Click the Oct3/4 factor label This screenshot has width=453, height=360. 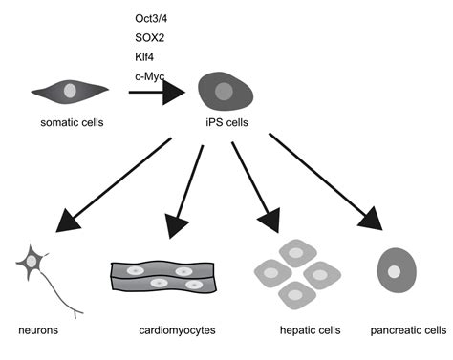[151, 19]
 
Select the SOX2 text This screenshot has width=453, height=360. [150, 38]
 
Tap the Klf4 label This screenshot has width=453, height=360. [144, 57]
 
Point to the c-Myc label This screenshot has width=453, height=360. [150, 76]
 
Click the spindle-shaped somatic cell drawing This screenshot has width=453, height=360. [70, 92]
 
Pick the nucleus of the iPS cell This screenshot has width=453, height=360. [224, 92]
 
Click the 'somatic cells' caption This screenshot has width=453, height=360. [72, 122]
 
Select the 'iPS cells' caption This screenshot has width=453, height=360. [226, 122]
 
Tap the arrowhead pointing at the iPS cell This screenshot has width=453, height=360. [174, 93]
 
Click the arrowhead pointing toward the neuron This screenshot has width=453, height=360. [67, 222]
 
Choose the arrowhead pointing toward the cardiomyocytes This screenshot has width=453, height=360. [176, 226]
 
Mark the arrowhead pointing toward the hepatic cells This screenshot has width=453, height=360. [270, 221]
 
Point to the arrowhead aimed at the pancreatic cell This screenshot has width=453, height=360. [371, 219]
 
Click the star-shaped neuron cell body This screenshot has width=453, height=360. [32, 262]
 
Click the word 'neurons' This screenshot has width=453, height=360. [38, 330]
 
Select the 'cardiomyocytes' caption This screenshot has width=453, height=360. [177, 330]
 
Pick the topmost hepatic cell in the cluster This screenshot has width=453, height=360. [297, 253]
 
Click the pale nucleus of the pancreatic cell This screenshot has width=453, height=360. [394, 271]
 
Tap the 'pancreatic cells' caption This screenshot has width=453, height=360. [408, 330]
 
